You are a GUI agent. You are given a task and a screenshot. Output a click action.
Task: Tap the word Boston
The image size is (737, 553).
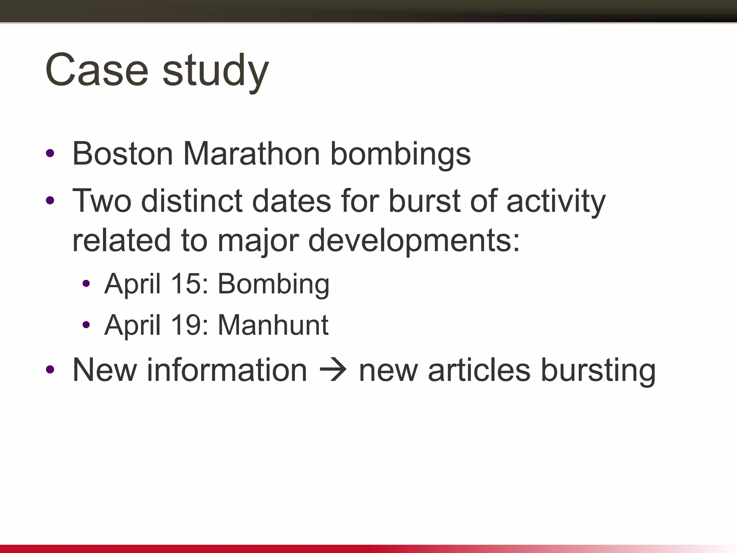pyautogui.click(x=123, y=154)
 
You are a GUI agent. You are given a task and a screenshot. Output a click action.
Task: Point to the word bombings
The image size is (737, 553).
pyautogui.click(x=400, y=155)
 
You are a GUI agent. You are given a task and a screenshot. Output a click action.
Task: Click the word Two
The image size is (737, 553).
pyautogui.click(x=102, y=201)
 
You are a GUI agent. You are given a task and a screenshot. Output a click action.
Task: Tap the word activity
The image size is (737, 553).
pyautogui.click(x=556, y=202)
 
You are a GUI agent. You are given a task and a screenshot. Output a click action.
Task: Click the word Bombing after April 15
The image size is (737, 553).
pyautogui.click(x=273, y=284)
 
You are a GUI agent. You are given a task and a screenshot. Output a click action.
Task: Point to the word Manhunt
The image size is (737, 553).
pyautogui.click(x=273, y=325)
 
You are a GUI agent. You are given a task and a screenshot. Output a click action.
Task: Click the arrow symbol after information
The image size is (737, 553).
pyautogui.click(x=333, y=370)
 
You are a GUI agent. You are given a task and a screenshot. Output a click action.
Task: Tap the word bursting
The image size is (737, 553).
pyautogui.click(x=598, y=371)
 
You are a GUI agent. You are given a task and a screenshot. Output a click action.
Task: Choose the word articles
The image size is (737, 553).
pyautogui.click(x=479, y=370)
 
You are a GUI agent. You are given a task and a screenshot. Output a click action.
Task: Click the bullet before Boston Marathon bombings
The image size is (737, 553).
pyautogui.click(x=50, y=153)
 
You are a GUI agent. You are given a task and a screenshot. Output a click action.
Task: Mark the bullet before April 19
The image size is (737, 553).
pyautogui.click(x=86, y=325)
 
